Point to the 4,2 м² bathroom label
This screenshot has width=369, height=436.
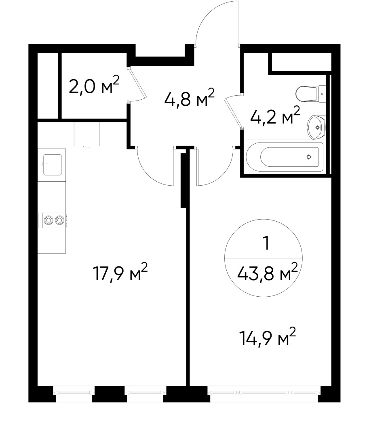(x=274, y=117)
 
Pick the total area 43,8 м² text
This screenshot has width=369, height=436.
(x=267, y=274)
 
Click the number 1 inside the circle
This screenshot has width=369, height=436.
(x=265, y=244)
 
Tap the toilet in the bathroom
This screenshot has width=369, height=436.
(x=310, y=94)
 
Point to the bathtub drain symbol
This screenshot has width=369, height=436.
(x=309, y=157)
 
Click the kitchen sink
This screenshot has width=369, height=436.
(x=52, y=164)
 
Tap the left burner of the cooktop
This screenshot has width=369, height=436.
(x=48, y=220)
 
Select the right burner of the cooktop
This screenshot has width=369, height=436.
(x=59, y=220)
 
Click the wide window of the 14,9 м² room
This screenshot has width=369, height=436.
(x=264, y=392)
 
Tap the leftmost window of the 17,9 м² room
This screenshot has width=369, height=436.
(x=74, y=392)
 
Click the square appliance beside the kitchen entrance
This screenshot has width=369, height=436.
(x=86, y=134)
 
